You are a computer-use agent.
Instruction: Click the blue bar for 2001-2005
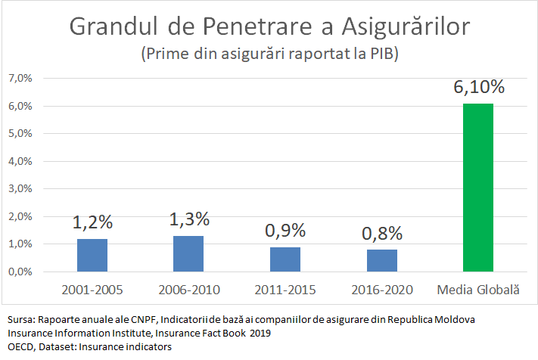click(x=92, y=256)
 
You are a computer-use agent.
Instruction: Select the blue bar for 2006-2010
click(x=188, y=254)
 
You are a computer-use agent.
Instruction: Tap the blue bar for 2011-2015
click(x=285, y=259)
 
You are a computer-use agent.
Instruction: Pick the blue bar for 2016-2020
click(x=382, y=260)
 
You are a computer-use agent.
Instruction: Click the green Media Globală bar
click(x=478, y=188)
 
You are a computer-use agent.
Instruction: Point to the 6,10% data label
click(x=478, y=87)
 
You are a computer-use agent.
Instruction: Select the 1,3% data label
click(x=188, y=219)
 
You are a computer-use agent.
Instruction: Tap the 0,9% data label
click(x=285, y=231)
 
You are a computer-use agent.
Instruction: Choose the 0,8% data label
click(x=382, y=233)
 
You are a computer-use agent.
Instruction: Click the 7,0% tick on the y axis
click(x=20, y=79)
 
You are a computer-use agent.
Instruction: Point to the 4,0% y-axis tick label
click(x=20, y=161)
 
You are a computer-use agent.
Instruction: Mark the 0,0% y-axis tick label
click(x=20, y=272)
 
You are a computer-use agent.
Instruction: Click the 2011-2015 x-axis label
click(x=285, y=290)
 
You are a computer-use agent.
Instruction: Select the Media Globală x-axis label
click(x=478, y=290)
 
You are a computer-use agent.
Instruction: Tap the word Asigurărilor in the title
click(x=406, y=26)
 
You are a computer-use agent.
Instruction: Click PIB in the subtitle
click(x=377, y=55)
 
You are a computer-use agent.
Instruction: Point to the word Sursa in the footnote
click(x=19, y=320)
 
